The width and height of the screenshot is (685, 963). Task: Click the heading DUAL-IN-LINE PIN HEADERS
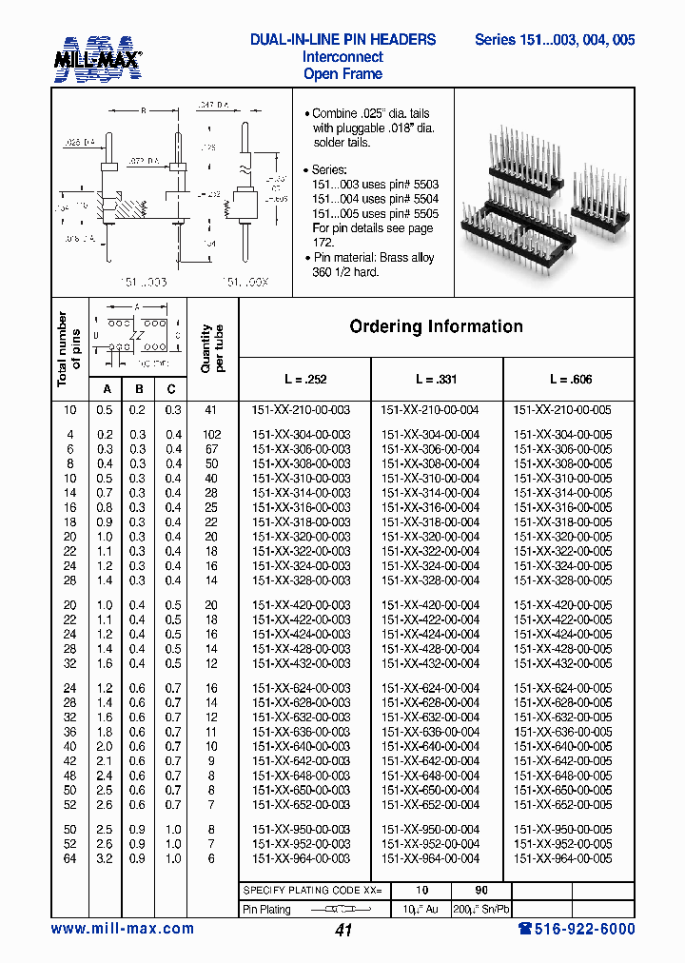point(342,40)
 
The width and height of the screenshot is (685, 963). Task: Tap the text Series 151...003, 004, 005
point(555,40)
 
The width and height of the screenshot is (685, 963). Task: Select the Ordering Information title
point(436,326)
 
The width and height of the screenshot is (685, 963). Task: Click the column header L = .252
point(303,379)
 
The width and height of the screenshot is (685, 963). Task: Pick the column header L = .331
point(435,379)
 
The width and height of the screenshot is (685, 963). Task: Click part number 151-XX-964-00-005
point(562,858)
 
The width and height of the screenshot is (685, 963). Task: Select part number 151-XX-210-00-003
point(301,410)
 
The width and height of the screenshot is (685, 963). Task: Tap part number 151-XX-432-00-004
point(430,663)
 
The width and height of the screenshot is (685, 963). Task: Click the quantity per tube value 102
point(211,435)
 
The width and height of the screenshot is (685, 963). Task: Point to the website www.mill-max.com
point(122,929)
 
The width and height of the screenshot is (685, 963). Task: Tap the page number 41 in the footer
point(343,931)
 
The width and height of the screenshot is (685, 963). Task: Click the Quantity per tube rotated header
point(212,348)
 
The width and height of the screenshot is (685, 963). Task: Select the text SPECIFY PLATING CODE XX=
point(313,889)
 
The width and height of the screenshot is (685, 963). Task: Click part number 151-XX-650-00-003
point(301,791)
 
